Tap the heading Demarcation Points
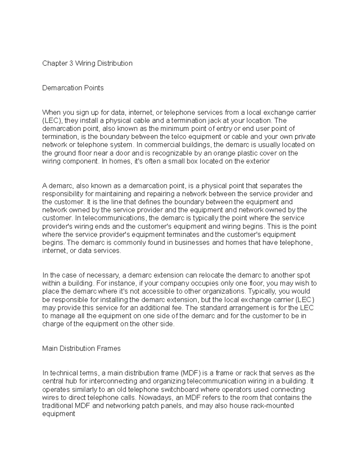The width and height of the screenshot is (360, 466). (x=73, y=88)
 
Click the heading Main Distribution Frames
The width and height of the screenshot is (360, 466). (x=81, y=349)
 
